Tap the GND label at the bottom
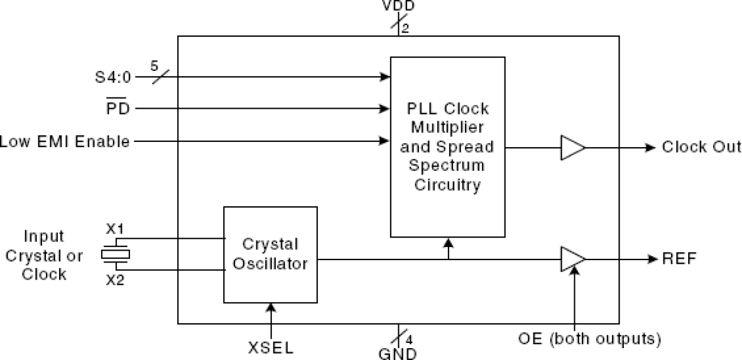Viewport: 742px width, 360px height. tap(398, 353)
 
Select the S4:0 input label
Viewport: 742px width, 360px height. tap(114, 77)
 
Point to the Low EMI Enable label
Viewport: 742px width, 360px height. tap(65, 142)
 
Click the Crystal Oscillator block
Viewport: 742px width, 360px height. tap(270, 254)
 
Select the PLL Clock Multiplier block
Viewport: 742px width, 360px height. tap(447, 147)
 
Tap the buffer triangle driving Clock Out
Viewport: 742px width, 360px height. tap(572, 147)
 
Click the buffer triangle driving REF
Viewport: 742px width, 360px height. tap(572, 259)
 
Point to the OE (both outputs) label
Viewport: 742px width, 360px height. tap(589, 339)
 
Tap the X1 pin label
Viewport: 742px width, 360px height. tap(115, 228)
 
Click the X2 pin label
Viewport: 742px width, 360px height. tap(115, 280)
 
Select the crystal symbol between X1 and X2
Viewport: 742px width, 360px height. tap(115, 254)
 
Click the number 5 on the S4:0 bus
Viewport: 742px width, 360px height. tap(155, 66)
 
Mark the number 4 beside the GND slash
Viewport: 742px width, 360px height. tap(409, 339)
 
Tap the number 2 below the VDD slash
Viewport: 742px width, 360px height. tap(405, 27)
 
